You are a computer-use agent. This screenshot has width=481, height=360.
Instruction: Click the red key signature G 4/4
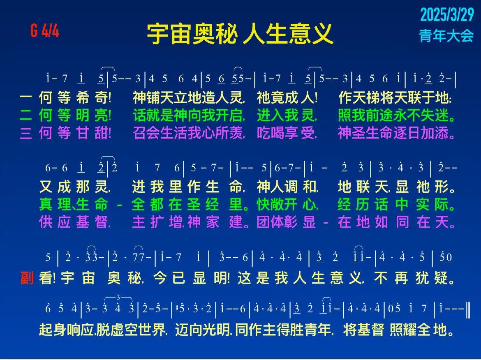[x=45, y=31]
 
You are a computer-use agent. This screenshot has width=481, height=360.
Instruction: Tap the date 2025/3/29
[x=447, y=14]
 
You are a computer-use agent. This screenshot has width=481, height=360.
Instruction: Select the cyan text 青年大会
[x=446, y=36]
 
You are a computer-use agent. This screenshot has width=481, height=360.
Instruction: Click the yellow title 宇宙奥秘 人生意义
[x=240, y=34]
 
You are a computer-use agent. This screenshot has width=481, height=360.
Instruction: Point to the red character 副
[x=27, y=278]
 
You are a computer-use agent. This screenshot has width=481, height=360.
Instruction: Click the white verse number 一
[x=26, y=97]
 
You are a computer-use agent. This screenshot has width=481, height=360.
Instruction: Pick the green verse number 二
[x=26, y=115]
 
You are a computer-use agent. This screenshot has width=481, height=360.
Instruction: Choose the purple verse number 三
[x=26, y=133]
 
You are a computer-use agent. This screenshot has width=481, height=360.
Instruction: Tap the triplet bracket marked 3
[x=118, y=298]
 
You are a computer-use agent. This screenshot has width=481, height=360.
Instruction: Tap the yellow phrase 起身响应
[x=66, y=330]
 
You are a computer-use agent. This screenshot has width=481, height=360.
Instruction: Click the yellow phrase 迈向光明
[x=202, y=330]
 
